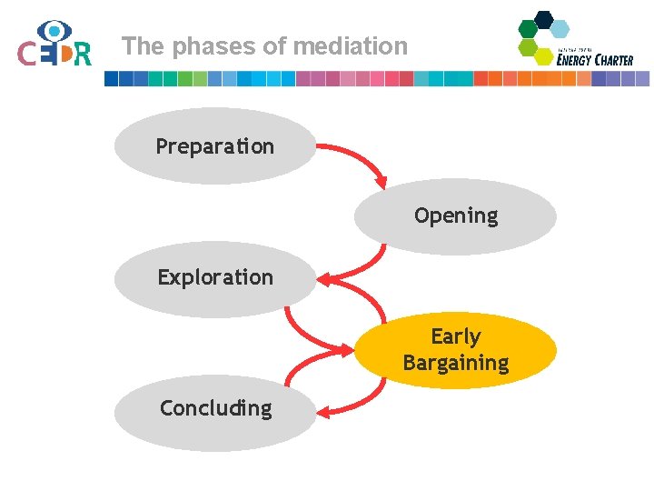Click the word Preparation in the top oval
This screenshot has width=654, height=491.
coord(214,146)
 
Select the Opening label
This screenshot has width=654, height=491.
coord(456,215)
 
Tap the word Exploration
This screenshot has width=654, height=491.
coord(215,277)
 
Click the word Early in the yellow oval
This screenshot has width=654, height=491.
coord(455,336)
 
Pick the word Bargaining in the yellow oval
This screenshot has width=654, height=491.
coord(455,363)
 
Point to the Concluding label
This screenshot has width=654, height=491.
coord(215,408)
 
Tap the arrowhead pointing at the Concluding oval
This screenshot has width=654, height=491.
coord(323,411)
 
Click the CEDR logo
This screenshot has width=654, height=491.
coord(54,45)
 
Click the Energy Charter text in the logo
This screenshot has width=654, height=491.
coord(595,59)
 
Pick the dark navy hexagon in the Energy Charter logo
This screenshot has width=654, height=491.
coord(544,19)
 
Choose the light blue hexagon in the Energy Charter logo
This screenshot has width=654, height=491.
coord(560,29)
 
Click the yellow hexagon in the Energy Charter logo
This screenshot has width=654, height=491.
coord(543,56)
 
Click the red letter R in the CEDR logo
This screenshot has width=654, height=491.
coord(82,55)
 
